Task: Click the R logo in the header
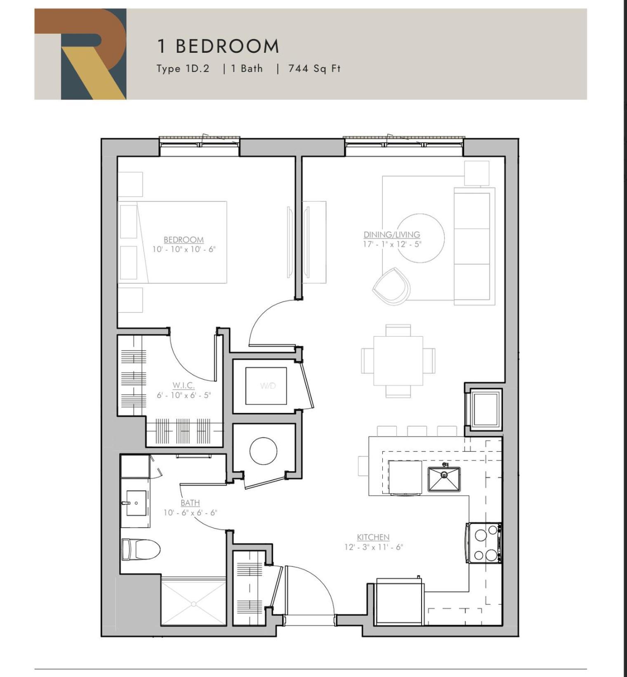click(x=80, y=54)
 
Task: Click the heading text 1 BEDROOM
click(x=218, y=46)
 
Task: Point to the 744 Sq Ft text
click(x=314, y=68)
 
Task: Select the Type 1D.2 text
click(x=183, y=68)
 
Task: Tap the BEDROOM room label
click(x=184, y=240)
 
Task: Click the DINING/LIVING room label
click(x=392, y=234)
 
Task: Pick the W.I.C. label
click(x=184, y=385)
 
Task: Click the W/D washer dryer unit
click(x=266, y=386)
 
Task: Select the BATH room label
click(x=190, y=503)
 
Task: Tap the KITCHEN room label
click(x=373, y=537)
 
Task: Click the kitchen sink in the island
click(x=444, y=479)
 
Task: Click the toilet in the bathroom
click(x=141, y=549)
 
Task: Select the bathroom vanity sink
click(x=136, y=503)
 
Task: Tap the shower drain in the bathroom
click(x=193, y=604)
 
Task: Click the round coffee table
click(x=421, y=238)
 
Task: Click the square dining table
click(x=398, y=361)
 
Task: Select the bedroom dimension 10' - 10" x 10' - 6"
click(x=184, y=249)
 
